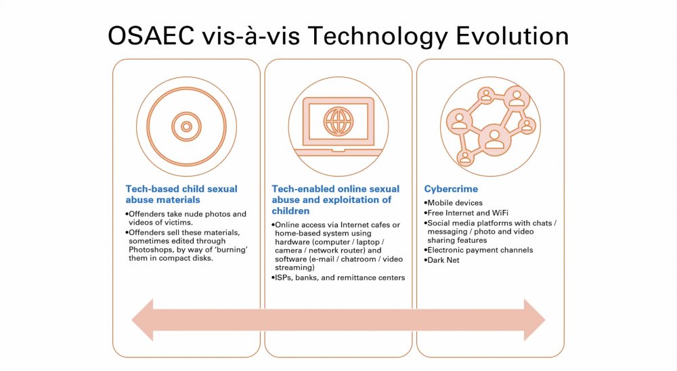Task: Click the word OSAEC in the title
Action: pos(151,36)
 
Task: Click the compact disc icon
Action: pos(187,127)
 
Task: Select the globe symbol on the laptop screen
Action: pos(338,121)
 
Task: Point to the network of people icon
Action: pos(490,126)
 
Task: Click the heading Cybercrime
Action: pos(451,189)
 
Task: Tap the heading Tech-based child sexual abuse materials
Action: pos(181,194)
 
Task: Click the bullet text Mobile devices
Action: pos(454,202)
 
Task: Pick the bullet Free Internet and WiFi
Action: pos(466,213)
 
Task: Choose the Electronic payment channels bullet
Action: pos(479,250)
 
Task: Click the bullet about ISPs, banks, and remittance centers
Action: pos(338,278)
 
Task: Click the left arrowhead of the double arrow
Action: pos(142,320)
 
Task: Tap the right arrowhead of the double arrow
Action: pos(535,320)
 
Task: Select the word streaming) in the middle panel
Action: pos(295,268)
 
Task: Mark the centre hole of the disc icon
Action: pos(187,127)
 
